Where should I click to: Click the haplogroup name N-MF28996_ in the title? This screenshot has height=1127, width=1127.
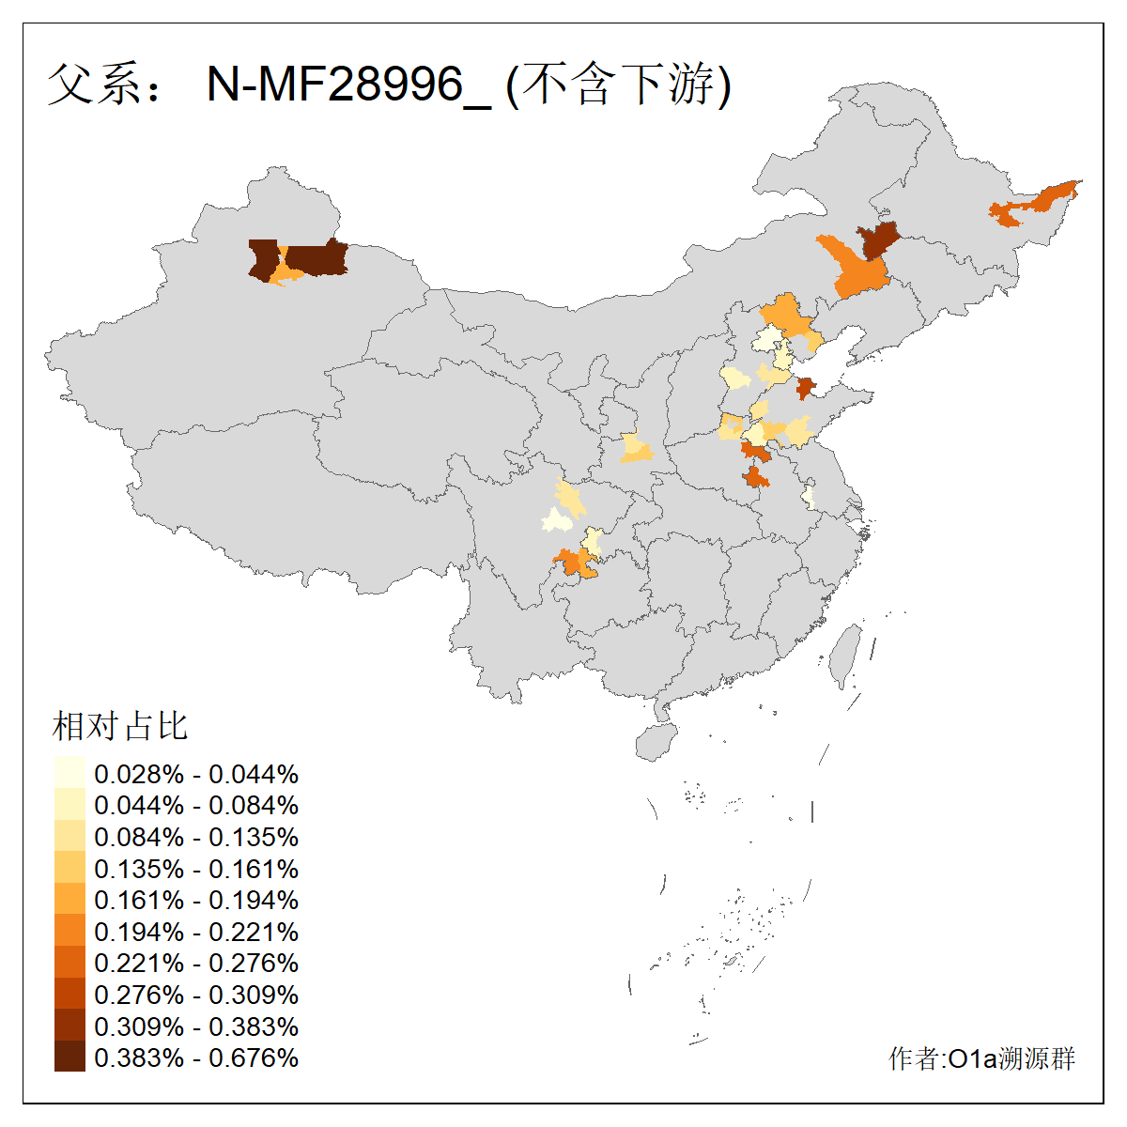tap(347, 85)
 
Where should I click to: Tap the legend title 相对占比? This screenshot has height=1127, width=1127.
tap(120, 726)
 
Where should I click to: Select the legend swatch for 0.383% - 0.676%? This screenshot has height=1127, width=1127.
tap(69, 1057)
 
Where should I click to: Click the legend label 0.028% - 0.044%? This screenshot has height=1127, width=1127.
tap(196, 774)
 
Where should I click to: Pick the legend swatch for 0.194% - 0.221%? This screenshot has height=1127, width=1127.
tap(69, 931)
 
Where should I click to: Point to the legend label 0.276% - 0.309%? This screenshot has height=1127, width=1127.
tap(196, 995)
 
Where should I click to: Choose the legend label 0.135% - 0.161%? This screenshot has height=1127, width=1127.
tap(196, 869)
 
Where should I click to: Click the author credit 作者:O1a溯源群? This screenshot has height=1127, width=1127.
tap(981, 1058)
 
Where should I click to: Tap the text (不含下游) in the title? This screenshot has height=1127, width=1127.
tap(618, 85)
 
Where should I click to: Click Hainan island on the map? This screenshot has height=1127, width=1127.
tap(656, 741)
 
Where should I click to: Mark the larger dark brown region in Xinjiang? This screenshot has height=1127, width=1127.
tap(316, 258)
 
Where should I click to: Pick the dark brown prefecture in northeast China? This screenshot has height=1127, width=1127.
tap(879, 240)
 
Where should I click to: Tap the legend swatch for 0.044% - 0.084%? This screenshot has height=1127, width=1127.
tap(69, 805)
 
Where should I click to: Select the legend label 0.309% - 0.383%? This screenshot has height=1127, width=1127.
tap(196, 1027)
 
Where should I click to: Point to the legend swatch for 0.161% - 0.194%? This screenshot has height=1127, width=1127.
tap(69, 900)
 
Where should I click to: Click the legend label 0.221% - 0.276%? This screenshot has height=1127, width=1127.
tap(196, 963)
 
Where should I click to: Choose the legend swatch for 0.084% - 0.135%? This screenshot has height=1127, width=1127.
tap(69, 837)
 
